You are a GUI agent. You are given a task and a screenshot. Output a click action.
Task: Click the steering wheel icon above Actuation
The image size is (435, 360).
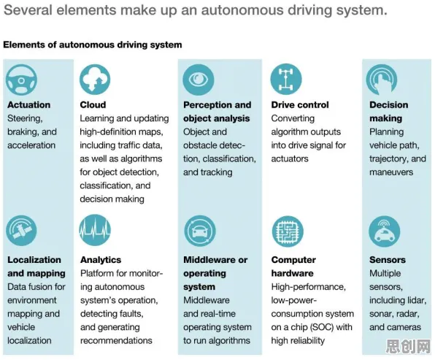21,80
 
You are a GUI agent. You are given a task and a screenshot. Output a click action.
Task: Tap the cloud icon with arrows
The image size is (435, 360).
95,80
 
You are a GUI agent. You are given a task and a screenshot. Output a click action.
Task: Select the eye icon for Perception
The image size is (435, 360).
199,80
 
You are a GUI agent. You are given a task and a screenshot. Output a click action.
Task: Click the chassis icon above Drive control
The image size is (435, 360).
286,80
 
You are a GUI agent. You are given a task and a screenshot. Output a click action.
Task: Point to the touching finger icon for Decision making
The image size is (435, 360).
382,80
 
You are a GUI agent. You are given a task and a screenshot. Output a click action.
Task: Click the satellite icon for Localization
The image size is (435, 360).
21,231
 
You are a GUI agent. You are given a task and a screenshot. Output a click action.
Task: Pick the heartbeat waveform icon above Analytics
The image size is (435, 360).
95,230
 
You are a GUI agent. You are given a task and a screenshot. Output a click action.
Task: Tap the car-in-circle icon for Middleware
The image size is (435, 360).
200,231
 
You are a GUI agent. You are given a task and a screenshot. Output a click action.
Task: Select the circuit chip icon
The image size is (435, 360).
288,231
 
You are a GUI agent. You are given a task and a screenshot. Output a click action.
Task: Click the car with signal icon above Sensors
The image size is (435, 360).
384,231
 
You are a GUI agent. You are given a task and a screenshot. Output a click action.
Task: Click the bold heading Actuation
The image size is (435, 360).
29,105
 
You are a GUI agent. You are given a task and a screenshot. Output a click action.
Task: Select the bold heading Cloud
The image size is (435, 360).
93,105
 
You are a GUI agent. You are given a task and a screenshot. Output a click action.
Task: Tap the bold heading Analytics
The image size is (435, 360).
101,260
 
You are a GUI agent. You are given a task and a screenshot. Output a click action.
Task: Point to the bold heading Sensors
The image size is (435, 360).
388,260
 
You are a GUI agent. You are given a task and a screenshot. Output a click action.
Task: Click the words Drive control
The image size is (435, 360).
300,105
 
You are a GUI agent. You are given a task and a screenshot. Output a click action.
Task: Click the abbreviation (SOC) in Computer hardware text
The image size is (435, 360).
322,327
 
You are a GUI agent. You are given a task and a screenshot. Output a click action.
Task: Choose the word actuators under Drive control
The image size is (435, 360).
290,158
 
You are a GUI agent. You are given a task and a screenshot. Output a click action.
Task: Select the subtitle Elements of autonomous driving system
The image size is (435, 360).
93,45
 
